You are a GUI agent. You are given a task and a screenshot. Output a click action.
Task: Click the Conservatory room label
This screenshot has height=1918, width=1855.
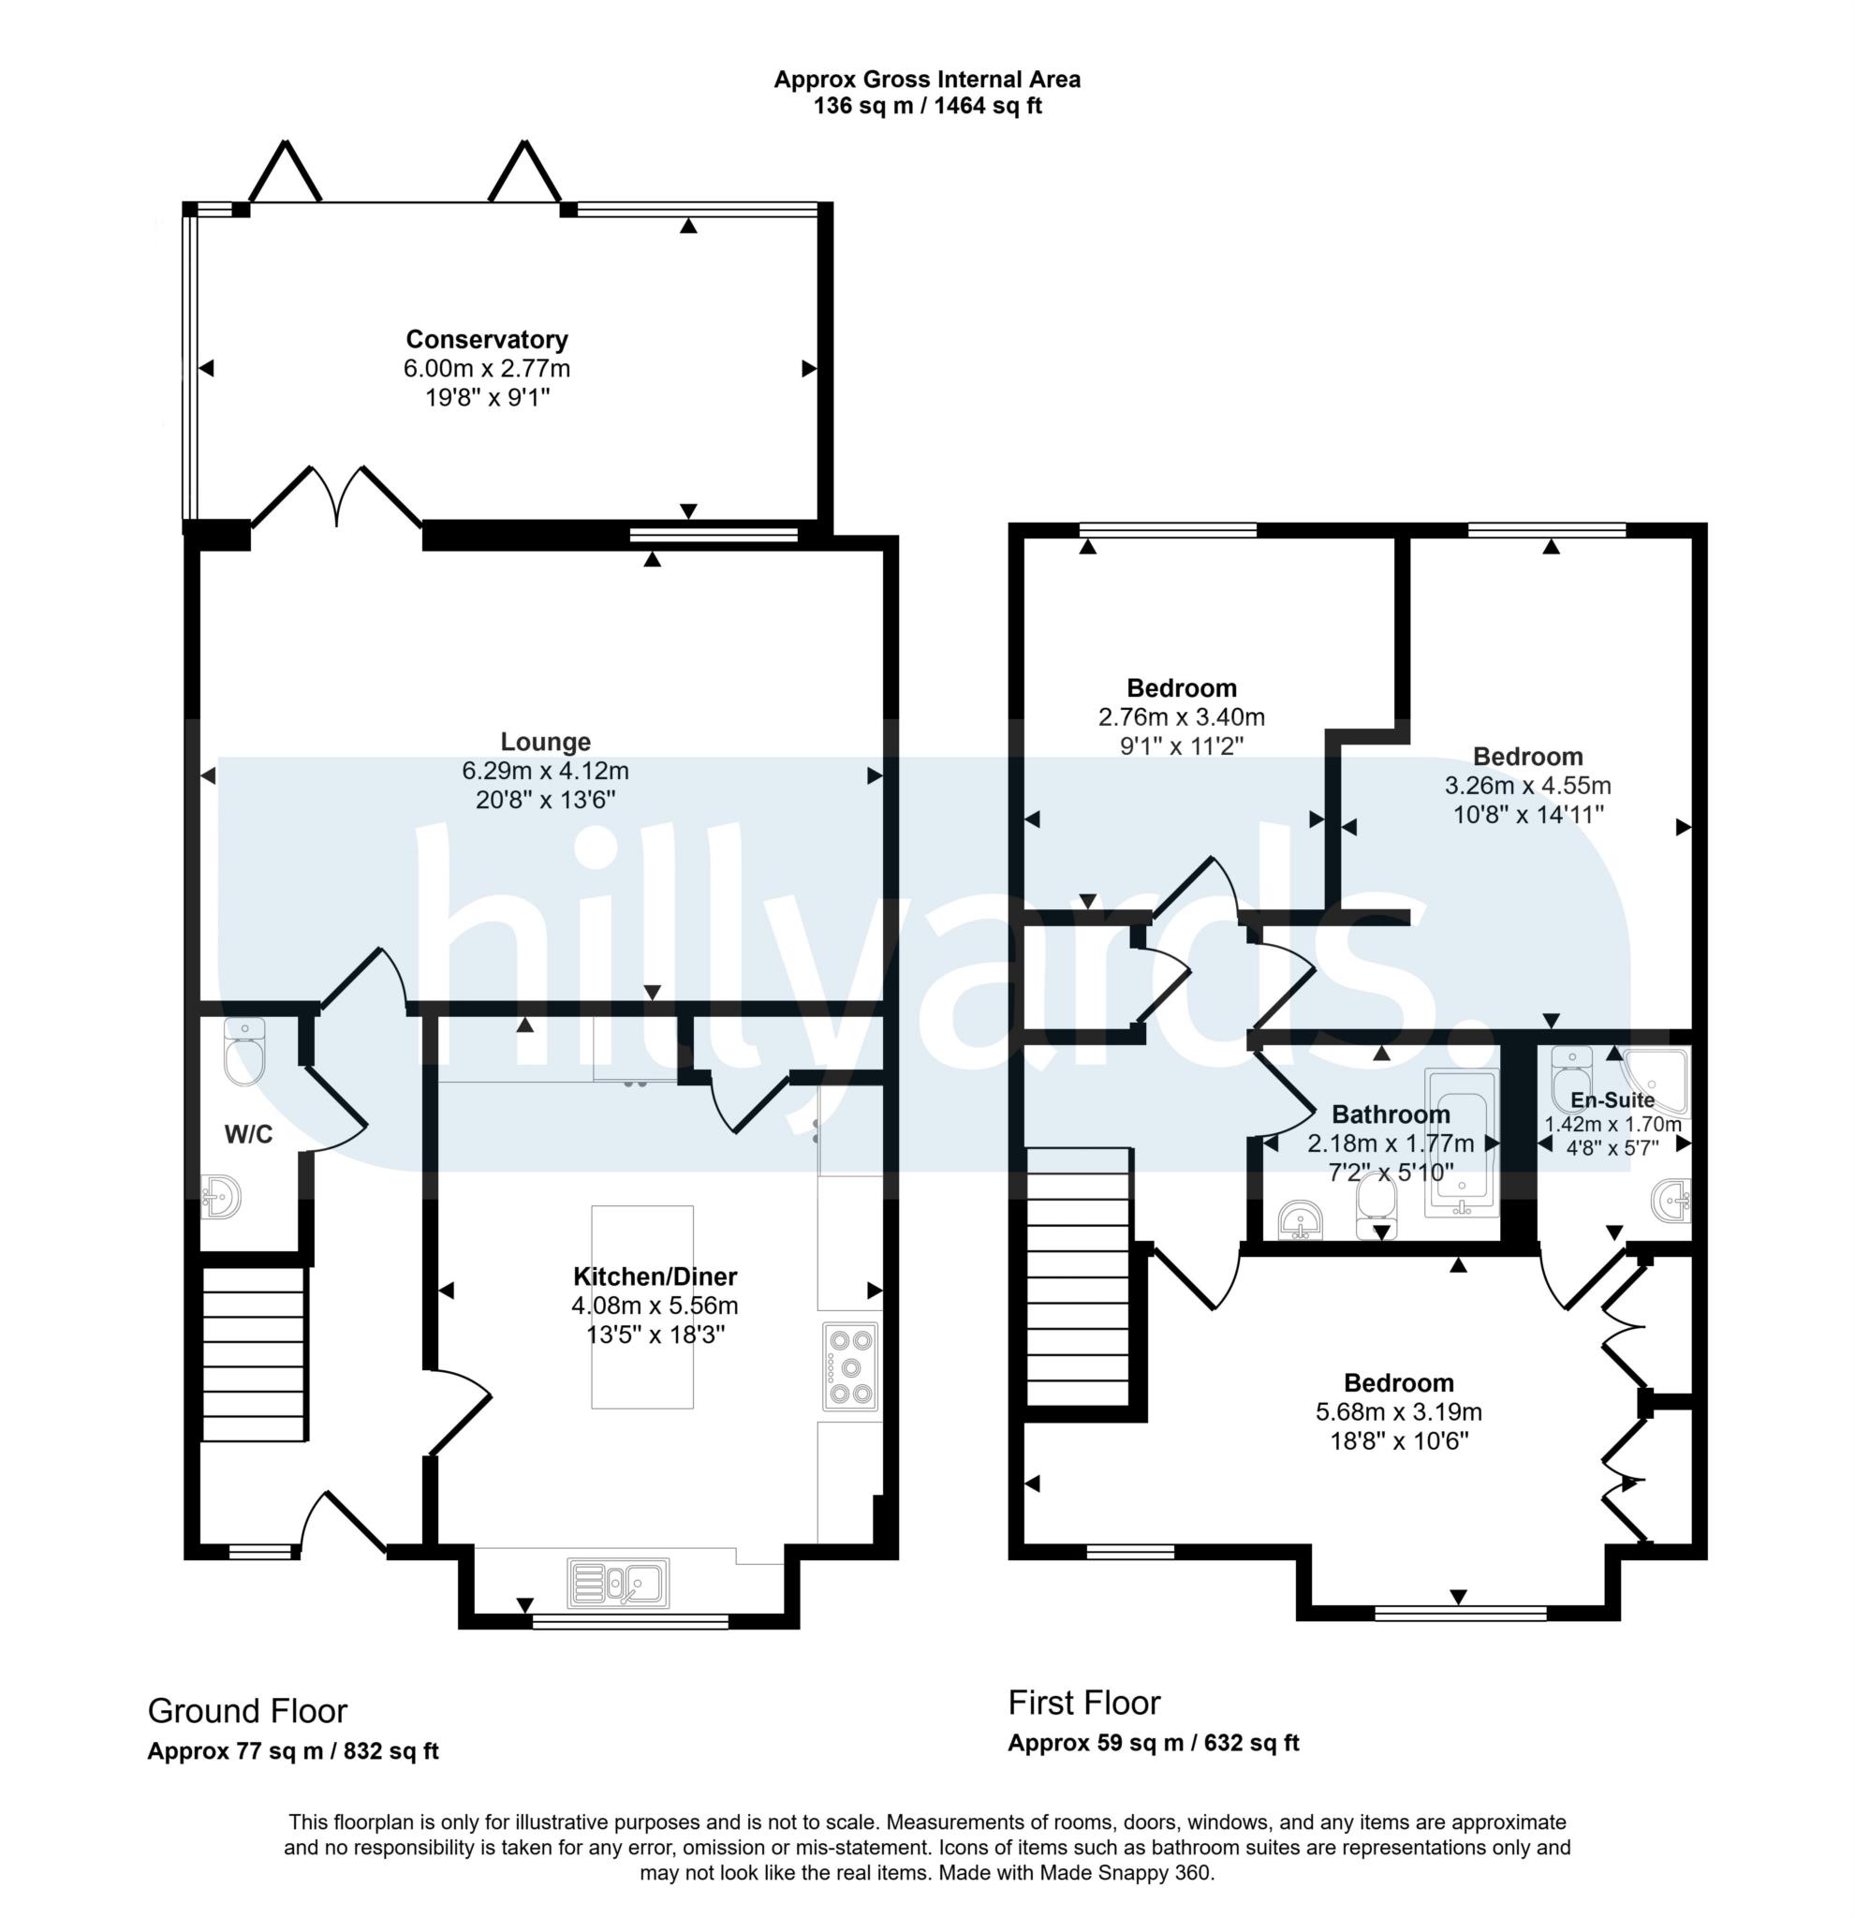(486, 340)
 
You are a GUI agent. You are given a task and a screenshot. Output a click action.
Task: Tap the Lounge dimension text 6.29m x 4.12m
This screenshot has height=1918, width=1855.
(545, 770)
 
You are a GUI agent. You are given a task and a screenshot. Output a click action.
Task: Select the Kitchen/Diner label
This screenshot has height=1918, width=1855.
(655, 1276)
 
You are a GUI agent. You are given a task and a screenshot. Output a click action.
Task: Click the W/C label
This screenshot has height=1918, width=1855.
(248, 1135)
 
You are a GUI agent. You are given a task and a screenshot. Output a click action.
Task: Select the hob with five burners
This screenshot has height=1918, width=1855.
(850, 1366)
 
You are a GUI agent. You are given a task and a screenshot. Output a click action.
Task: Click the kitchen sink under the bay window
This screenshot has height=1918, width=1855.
(618, 1583)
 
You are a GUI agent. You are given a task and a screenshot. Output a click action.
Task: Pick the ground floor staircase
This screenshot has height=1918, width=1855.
(255, 1353)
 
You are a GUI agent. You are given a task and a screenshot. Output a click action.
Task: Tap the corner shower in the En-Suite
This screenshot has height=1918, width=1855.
(1656, 1082)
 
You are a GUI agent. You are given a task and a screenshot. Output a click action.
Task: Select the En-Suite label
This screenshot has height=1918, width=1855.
(1612, 1099)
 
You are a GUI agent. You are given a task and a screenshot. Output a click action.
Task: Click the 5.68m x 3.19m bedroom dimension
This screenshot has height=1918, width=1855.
(1398, 1412)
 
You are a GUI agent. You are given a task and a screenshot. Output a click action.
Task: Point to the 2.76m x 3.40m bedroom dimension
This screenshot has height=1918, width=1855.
(1181, 717)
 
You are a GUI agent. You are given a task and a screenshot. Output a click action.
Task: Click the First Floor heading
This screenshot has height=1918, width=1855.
(1084, 1703)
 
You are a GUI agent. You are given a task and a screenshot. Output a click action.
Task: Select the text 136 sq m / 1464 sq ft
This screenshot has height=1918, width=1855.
(926, 107)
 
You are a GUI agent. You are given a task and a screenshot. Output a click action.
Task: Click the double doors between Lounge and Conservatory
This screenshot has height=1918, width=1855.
(337, 499)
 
